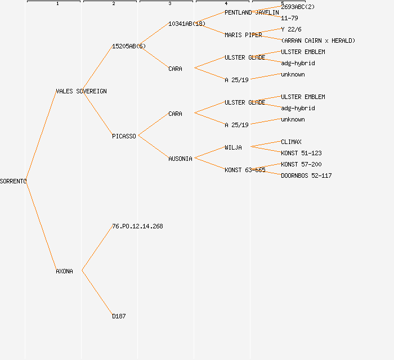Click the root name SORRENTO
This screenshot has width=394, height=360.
(13, 181)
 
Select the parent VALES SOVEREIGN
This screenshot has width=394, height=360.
(81, 91)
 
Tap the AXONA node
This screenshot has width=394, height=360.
(64, 271)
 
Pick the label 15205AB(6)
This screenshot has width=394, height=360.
(128, 46)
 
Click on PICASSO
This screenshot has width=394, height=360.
(124, 136)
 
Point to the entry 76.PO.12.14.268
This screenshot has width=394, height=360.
(137, 226)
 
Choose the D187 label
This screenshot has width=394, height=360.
(119, 316)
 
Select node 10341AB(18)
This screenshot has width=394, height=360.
(187, 24)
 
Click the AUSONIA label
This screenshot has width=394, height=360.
(180, 159)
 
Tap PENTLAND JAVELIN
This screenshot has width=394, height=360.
(252, 12)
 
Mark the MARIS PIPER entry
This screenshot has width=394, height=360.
(243, 35)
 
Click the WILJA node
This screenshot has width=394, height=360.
(233, 147)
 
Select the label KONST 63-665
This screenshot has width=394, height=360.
(245, 170)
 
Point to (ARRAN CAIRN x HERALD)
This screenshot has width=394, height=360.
(318, 40)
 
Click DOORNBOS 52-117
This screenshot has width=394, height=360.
(306, 175)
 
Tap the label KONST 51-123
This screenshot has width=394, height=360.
(301, 153)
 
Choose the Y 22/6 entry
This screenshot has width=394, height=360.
(290, 29)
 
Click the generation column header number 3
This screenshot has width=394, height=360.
(169, 4)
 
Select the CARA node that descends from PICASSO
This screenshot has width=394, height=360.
(175, 114)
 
